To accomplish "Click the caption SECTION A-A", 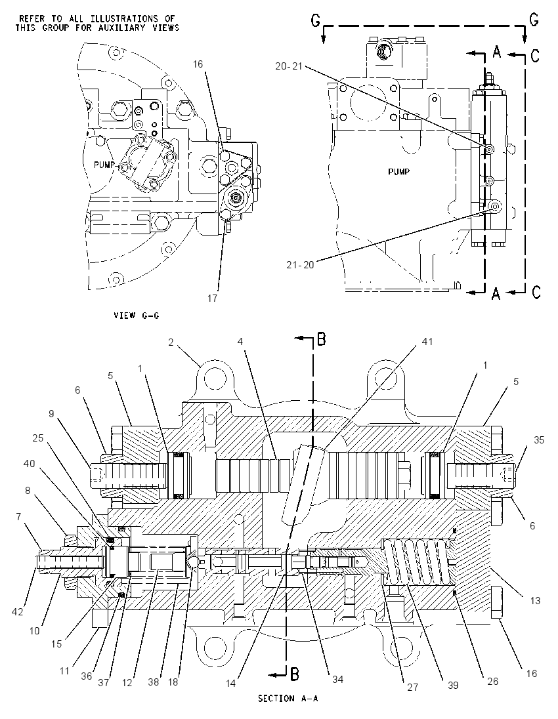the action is tap(288, 699).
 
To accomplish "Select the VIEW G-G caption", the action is tap(137, 316).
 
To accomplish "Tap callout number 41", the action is tap(427, 342).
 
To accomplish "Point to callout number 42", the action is tap(18, 611).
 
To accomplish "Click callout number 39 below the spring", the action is tap(453, 685).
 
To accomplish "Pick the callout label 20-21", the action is tap(289, 66).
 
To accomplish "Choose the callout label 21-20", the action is tap(300, 264).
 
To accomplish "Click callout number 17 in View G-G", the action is tap(211, 298).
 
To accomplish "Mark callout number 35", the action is tap(539, 440).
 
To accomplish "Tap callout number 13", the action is tap(535, 600).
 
